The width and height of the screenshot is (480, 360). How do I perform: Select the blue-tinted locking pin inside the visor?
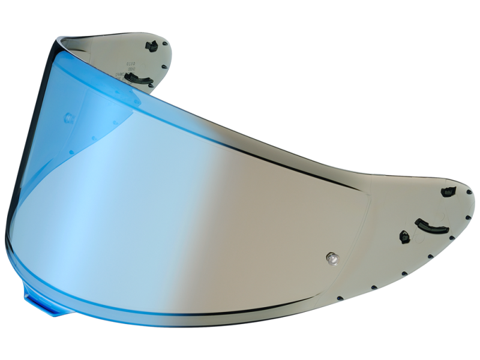(x=68, y=118)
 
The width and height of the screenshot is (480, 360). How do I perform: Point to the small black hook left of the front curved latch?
(x=404, y=235)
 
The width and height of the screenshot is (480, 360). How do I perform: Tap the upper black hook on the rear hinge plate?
(x=152, y=46)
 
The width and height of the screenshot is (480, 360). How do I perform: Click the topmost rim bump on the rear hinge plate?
(x=169, y=44)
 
